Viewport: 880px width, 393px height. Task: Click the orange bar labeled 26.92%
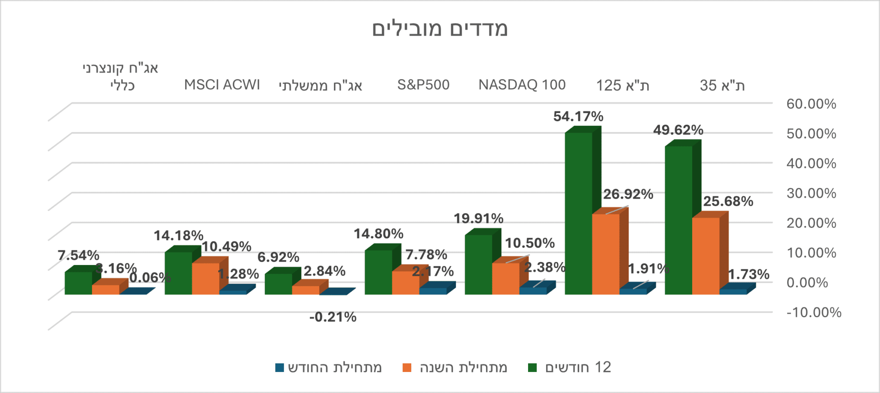pos(606,254)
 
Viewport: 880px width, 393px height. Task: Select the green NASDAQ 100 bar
pos(478,265)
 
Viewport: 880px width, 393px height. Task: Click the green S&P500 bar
pos(378,272)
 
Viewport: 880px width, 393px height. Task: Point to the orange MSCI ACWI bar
pos(205,279)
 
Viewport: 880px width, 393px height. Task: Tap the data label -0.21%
pos(333,317)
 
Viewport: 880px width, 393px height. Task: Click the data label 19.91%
pos(479,219)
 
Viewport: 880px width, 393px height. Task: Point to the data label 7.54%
pos(78,256)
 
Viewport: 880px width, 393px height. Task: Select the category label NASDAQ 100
pos(522,85)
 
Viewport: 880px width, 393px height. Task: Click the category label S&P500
pos(423,85)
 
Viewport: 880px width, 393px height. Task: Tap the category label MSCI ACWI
pos(222,85)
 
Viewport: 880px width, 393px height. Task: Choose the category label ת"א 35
pos(722,85)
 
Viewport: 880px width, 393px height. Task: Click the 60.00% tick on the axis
pos(811,104)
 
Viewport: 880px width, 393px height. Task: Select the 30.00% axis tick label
pos(811,193)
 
